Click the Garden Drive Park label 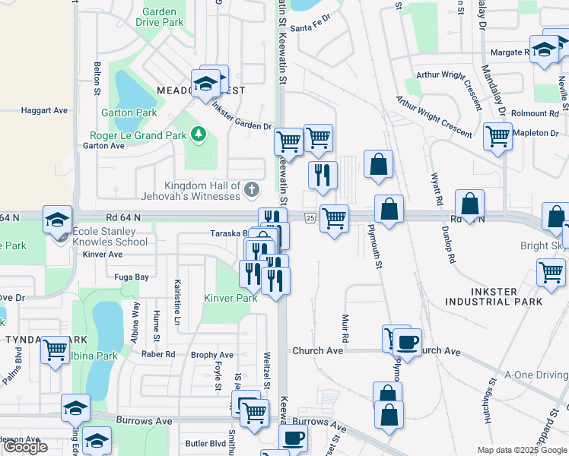160,17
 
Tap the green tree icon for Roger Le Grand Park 199,134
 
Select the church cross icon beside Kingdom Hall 251,187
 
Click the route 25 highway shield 311,219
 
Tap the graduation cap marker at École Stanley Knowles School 57,220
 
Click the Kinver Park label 230,297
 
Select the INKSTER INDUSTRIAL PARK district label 494,296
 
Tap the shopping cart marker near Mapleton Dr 497,137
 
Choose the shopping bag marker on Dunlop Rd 470,203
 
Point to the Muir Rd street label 345,330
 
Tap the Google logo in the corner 26,447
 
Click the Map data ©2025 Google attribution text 521,450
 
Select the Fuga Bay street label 132,277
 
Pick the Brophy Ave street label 212,355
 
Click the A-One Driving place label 536,375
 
